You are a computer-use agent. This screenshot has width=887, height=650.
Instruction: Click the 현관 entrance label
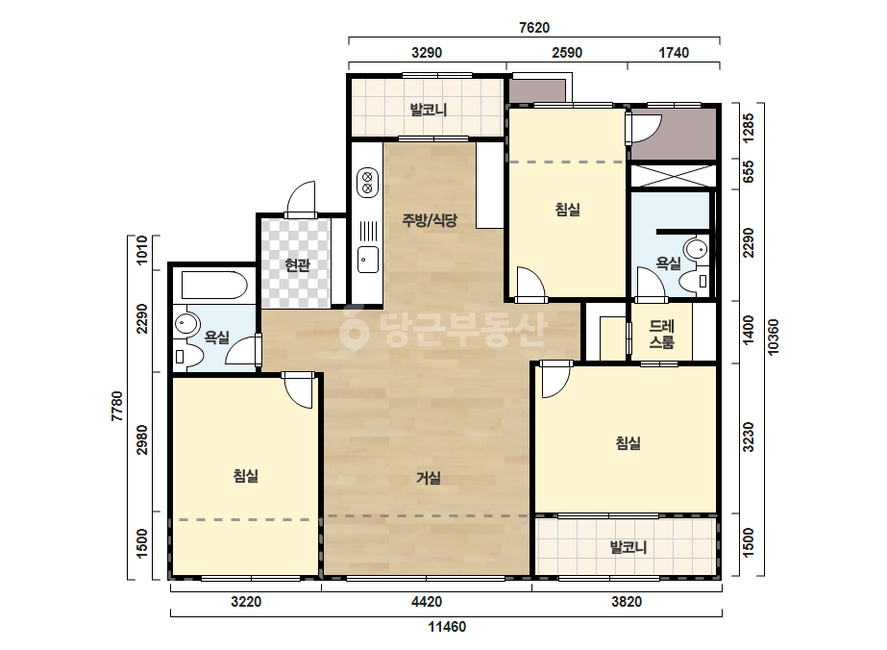297,265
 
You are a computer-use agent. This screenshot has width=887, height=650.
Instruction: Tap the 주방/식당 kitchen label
430,219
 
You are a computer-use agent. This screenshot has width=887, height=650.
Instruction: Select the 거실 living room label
429,479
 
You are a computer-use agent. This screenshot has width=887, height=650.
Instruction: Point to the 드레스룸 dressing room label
661,334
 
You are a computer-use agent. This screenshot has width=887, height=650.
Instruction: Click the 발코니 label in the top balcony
429,110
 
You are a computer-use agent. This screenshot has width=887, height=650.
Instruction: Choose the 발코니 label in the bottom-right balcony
628,547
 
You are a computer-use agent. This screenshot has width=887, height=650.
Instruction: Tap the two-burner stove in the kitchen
367,183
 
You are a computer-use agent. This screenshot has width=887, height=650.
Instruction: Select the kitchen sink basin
368,260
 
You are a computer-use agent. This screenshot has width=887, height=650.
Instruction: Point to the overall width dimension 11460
447,627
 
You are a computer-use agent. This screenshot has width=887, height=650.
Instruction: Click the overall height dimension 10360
773,337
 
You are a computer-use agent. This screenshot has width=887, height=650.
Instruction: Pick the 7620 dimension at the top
534,28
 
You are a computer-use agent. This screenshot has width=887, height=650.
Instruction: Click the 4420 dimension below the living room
427,601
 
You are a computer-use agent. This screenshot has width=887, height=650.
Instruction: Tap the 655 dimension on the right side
749,171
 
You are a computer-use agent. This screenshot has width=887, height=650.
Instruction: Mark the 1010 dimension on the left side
141,250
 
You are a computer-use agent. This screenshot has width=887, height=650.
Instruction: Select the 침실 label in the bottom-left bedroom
245,476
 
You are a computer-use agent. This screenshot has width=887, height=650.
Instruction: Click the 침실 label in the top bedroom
567,210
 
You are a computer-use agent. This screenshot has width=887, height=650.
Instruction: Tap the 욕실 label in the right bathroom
668,263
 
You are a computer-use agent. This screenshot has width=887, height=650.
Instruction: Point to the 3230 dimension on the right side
749,437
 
